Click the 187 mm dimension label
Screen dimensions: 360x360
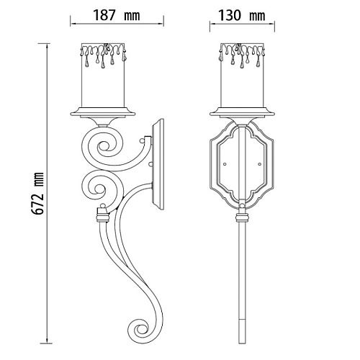[117, 15]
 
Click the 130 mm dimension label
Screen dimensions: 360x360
[242, 15]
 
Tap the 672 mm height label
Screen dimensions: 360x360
[38, 193]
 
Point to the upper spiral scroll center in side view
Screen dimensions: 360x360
[104, 146]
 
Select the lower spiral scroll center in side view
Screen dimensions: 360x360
[99, 188]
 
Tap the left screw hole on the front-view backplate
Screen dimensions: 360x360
[225, 164]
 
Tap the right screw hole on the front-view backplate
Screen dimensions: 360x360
[259, 164]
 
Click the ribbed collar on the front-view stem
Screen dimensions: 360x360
[242, 218]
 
